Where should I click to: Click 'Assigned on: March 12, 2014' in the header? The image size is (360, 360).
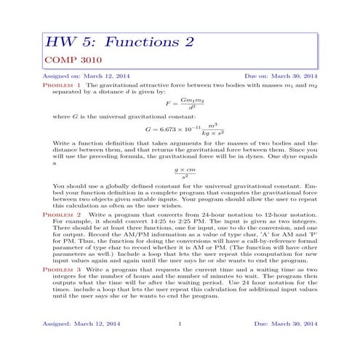(x=82, y=76)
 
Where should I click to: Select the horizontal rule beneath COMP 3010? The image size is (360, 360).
(x=180, y=68)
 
